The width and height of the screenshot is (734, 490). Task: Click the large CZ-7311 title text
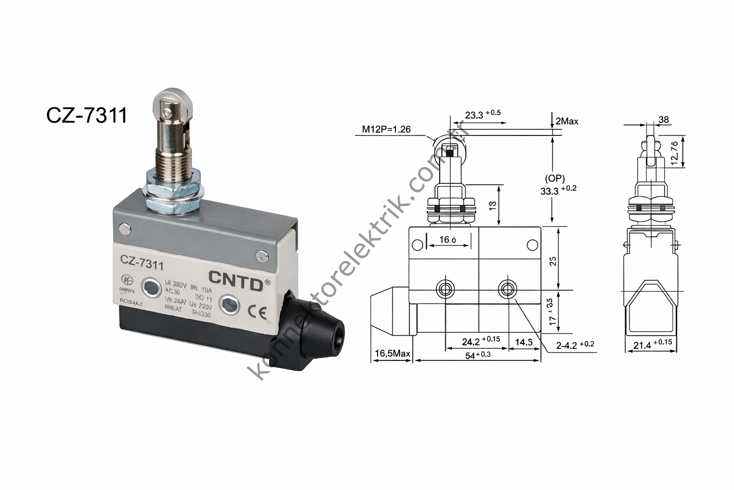coord(87,115)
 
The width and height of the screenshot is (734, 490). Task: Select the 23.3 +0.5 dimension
coord(482,115)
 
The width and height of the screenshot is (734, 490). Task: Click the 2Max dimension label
coord(567,122)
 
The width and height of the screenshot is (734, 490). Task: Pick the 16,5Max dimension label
coord(392,354)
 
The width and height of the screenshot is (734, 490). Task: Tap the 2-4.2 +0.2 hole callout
coord(575,344)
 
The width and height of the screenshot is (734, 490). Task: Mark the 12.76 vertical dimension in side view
coord(674,153)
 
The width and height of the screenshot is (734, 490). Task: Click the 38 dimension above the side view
coord(663,120)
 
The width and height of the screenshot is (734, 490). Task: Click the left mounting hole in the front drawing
coord(446,289)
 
